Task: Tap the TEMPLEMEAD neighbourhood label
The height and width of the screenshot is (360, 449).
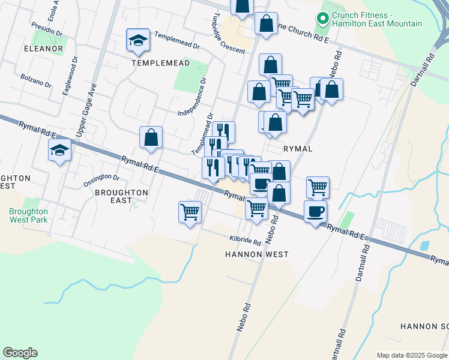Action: (x=160, y=62)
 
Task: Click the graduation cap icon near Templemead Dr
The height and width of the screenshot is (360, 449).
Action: (x=138, y=41)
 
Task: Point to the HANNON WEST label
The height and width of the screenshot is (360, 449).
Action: (x=256, y=254)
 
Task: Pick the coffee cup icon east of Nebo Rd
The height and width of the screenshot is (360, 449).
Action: (x=315, y=211)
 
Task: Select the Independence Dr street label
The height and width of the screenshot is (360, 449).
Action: (x=193, y=97)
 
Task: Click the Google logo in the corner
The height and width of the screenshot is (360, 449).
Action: (x=20, y=353)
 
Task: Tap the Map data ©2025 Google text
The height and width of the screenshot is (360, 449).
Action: (x=411, y=355)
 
